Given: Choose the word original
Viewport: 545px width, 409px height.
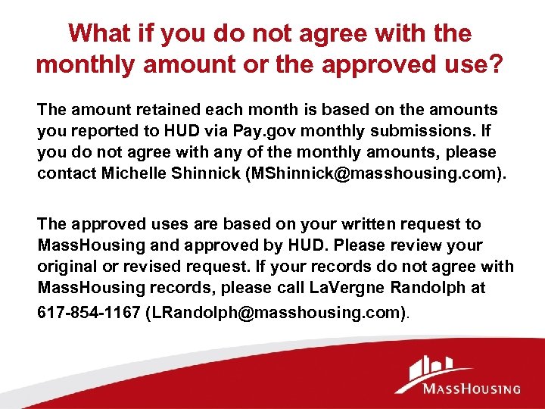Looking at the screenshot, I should click(x=67, y=267).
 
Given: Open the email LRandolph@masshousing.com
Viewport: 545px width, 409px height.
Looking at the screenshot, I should click(x=273, y=311).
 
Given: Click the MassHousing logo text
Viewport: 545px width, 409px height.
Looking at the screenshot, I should click(x=472, y=389).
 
